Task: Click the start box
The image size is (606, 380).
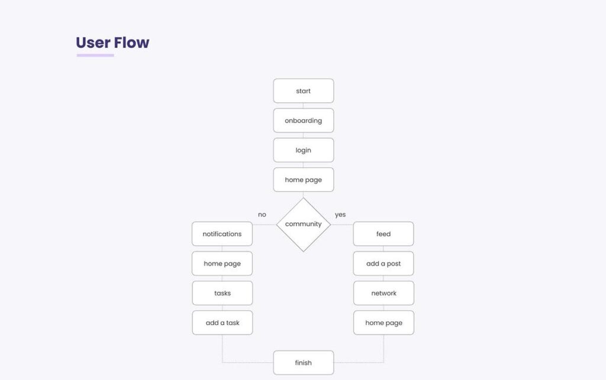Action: tap(304, 91)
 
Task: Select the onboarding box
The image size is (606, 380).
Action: tap(304, 121)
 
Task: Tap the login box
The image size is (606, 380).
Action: tap(304, 150)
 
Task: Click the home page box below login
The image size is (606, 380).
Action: tap(304, 180)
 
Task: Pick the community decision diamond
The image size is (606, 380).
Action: tap(304, 225)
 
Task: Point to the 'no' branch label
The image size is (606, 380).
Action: tap(262, 215)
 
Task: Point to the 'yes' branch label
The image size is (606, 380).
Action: tap(340, 215)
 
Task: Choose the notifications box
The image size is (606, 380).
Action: tap(223, 234)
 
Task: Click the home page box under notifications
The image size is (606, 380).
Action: tap(223, 264)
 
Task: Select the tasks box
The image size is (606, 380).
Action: tap(223, 293)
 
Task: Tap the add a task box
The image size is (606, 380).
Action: tap(223, 323)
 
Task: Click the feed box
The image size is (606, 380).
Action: tap(383, 234)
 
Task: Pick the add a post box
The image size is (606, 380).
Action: tap(383, 264)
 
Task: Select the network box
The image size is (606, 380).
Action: tap(383, 293)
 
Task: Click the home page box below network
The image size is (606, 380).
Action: tap(383, 323)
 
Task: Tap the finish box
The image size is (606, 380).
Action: tap(304, 363)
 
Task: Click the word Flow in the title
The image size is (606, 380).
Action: tap(131, 43)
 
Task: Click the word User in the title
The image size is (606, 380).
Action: tap(93, 43)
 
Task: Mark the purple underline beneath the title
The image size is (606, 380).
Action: tap(95, 55)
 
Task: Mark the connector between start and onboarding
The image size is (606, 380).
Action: tap(303, 106)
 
